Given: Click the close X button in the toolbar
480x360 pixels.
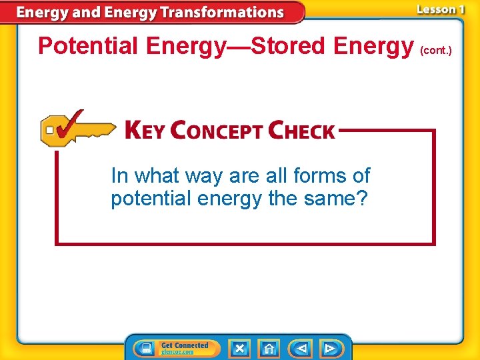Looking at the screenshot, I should pyautogui.click(x=239, y=348).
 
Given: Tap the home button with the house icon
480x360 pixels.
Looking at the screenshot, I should pyautogui.click(x=269, y=348).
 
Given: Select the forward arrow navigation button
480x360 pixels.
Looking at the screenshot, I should pyautogui.click(x=330, y=348).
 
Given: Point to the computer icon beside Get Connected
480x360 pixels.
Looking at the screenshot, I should pyautogui.click(x=145, y=349).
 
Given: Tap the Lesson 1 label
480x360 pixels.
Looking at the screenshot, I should pyautogui.click(x=439, y=9).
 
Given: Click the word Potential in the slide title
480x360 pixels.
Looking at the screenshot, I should pyautogui.click(x=88, y=46).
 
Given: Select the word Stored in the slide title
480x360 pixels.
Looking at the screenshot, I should pyautogui.click(x=289, y=46).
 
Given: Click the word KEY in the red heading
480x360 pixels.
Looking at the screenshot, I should pyautogui.click(x=145, y=130).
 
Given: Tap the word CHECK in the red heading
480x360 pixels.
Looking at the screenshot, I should pyautogui.click(x=301, y=130).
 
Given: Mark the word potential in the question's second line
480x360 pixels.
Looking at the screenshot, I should pyautogui.click(x=149, y=199).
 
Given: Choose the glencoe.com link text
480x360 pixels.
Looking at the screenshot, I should pyautogui.click(x=177, y=352).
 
